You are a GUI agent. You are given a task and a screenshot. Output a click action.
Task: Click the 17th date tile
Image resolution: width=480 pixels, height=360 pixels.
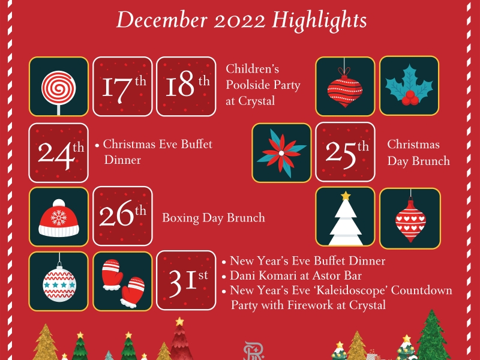click(x=122, y=86)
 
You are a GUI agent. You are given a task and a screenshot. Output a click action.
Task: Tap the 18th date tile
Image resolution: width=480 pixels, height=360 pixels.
click(x=186, y=86)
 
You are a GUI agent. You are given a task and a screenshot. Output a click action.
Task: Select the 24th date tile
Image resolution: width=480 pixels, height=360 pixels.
click(x=58, y=153)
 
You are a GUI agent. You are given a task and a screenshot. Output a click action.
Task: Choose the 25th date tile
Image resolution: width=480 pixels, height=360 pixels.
click(x=346, y=152)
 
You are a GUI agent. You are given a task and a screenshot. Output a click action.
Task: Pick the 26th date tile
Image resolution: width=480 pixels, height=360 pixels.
click(x=122, y=216)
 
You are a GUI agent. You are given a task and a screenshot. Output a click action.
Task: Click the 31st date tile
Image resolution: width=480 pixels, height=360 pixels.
click(x=186, y=280)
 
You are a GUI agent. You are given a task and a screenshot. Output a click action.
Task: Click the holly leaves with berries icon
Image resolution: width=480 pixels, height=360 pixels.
click(x=409, y=87)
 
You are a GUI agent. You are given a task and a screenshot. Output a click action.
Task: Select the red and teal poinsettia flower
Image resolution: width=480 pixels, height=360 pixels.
click(x=281, y=153)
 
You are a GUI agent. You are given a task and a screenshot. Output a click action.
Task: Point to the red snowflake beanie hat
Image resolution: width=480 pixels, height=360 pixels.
click(x=59, y=218)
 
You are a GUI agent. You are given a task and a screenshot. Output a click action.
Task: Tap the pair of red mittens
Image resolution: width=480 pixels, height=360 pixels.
click(x=123, y=283)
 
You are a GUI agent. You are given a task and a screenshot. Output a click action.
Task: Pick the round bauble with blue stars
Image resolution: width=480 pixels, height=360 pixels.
click(x=59, y=283)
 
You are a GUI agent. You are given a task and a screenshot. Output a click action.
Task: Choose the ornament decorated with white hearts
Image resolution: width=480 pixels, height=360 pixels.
click(x=410, y=220)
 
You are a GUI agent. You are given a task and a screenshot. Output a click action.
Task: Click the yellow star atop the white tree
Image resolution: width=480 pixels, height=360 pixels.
click(x=346, y=196)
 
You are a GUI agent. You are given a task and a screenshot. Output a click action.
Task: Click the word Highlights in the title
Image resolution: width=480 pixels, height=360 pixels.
click(x=319, y=20)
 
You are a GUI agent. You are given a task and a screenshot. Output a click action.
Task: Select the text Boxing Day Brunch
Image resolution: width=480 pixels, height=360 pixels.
click(x=214, y=218)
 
